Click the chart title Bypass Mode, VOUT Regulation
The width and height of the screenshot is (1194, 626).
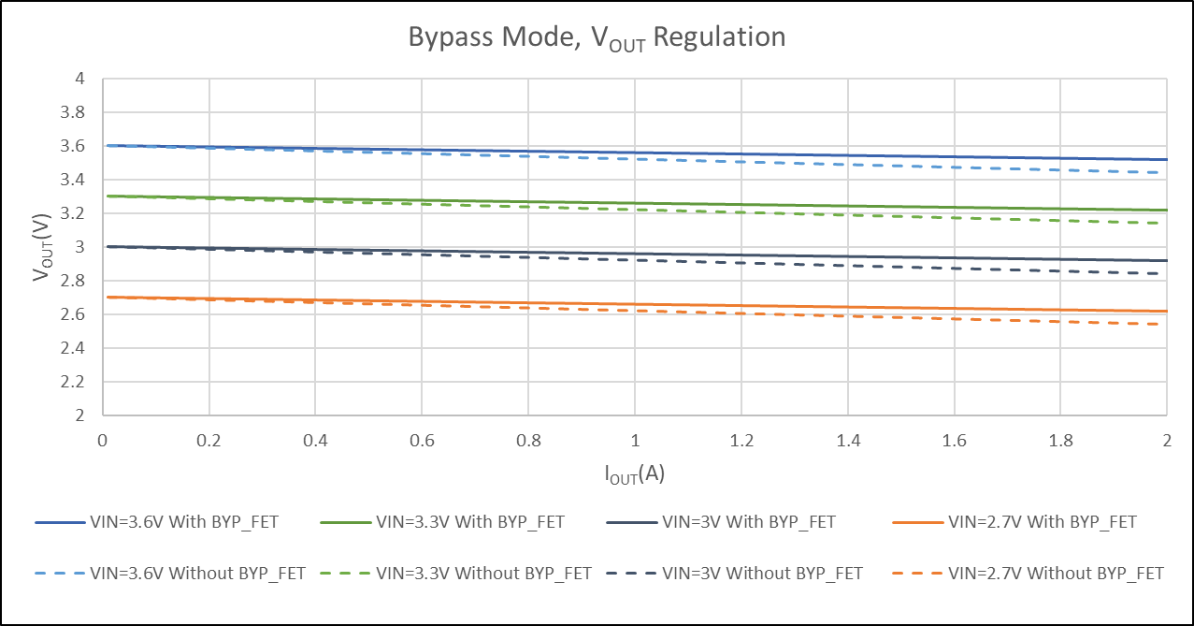click(597, 38)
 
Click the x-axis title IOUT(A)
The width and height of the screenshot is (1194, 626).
click(634, 474)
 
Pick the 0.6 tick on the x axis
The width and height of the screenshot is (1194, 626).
click(422, 440)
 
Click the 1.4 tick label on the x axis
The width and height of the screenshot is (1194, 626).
click(847, 440)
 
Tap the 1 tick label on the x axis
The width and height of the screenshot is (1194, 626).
click(635, 440)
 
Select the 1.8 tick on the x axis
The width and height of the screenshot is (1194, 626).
click(1060, 440)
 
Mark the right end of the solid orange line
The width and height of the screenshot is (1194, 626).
click(1166, 312)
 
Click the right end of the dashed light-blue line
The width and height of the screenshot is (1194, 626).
click(1166, 173)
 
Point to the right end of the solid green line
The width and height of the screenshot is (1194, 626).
click(1166, 211)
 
